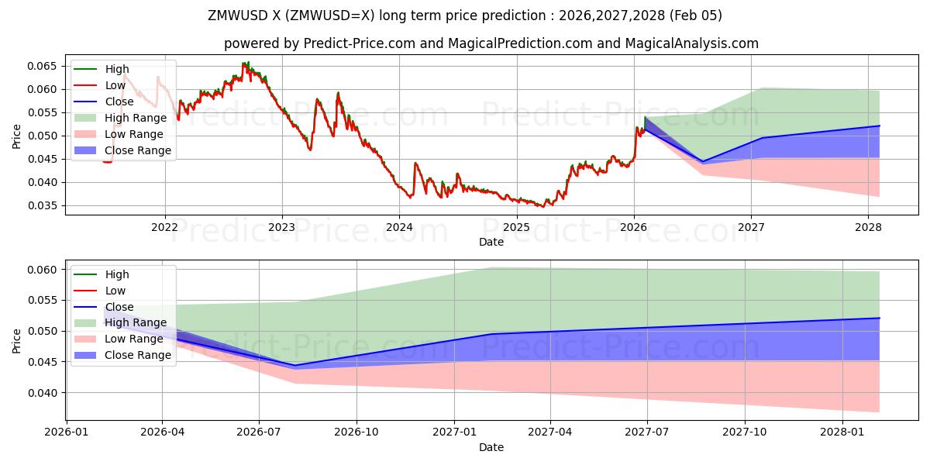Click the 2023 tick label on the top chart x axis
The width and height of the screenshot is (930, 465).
click(x=281, y=227)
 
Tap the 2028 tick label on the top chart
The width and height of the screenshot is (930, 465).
click(x=868, y=227)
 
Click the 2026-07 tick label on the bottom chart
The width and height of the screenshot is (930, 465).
click(x=259, y=432)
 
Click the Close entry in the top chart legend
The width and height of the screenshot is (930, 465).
click(x=119, y=102)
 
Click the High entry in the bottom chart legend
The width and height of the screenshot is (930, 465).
click(x=117, y=274)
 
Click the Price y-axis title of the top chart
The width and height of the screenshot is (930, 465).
click(x=17, y=136)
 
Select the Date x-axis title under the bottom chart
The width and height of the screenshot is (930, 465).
click(x=491, y=447)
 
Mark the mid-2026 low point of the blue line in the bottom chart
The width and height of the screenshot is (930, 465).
click(x=295, y=365)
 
